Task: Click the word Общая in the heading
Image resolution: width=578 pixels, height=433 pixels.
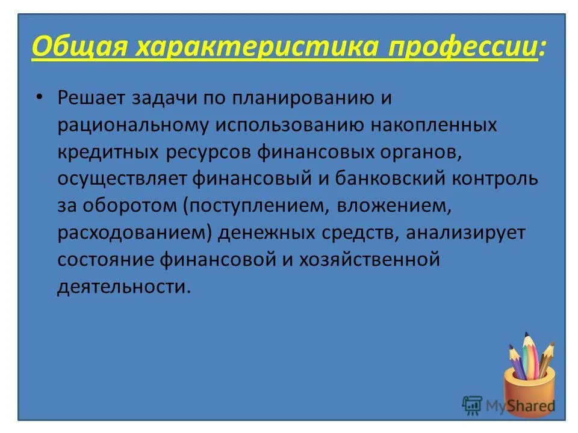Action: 79,47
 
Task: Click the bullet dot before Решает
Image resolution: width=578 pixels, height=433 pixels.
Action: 40,97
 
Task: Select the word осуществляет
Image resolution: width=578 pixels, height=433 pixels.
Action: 123,179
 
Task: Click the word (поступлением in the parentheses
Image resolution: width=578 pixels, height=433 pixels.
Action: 253,206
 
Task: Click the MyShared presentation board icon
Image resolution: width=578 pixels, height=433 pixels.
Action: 473,405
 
